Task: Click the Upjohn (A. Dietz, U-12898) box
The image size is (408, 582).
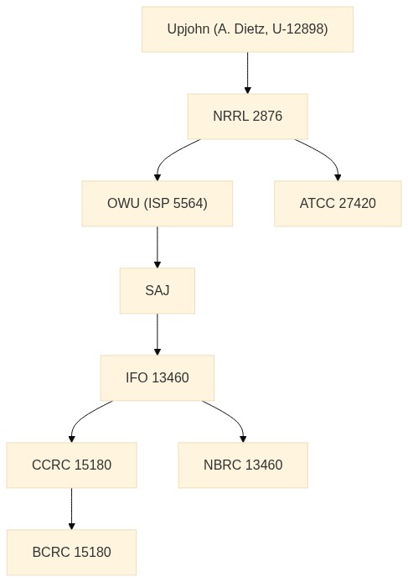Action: point(247,29)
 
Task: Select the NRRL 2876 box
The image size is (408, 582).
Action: point(247,117)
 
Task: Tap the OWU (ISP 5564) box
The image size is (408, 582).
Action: point(158,204)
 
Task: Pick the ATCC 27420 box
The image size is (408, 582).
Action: point(338,204)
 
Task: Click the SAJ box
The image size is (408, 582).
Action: point(158,291)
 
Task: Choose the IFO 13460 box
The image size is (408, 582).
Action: point(158,378)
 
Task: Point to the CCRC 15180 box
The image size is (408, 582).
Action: point(71,465)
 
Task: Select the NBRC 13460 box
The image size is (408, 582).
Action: point(243,465)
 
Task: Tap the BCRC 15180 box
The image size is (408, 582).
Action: point(71,553)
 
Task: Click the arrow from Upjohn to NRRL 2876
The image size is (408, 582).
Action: point(248,73)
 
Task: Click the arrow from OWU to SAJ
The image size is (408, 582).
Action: point(158,247)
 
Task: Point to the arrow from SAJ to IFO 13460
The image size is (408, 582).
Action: point(158,335)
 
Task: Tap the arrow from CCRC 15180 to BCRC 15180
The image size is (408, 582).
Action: point(71,509)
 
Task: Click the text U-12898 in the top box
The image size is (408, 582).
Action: point(300,29)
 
